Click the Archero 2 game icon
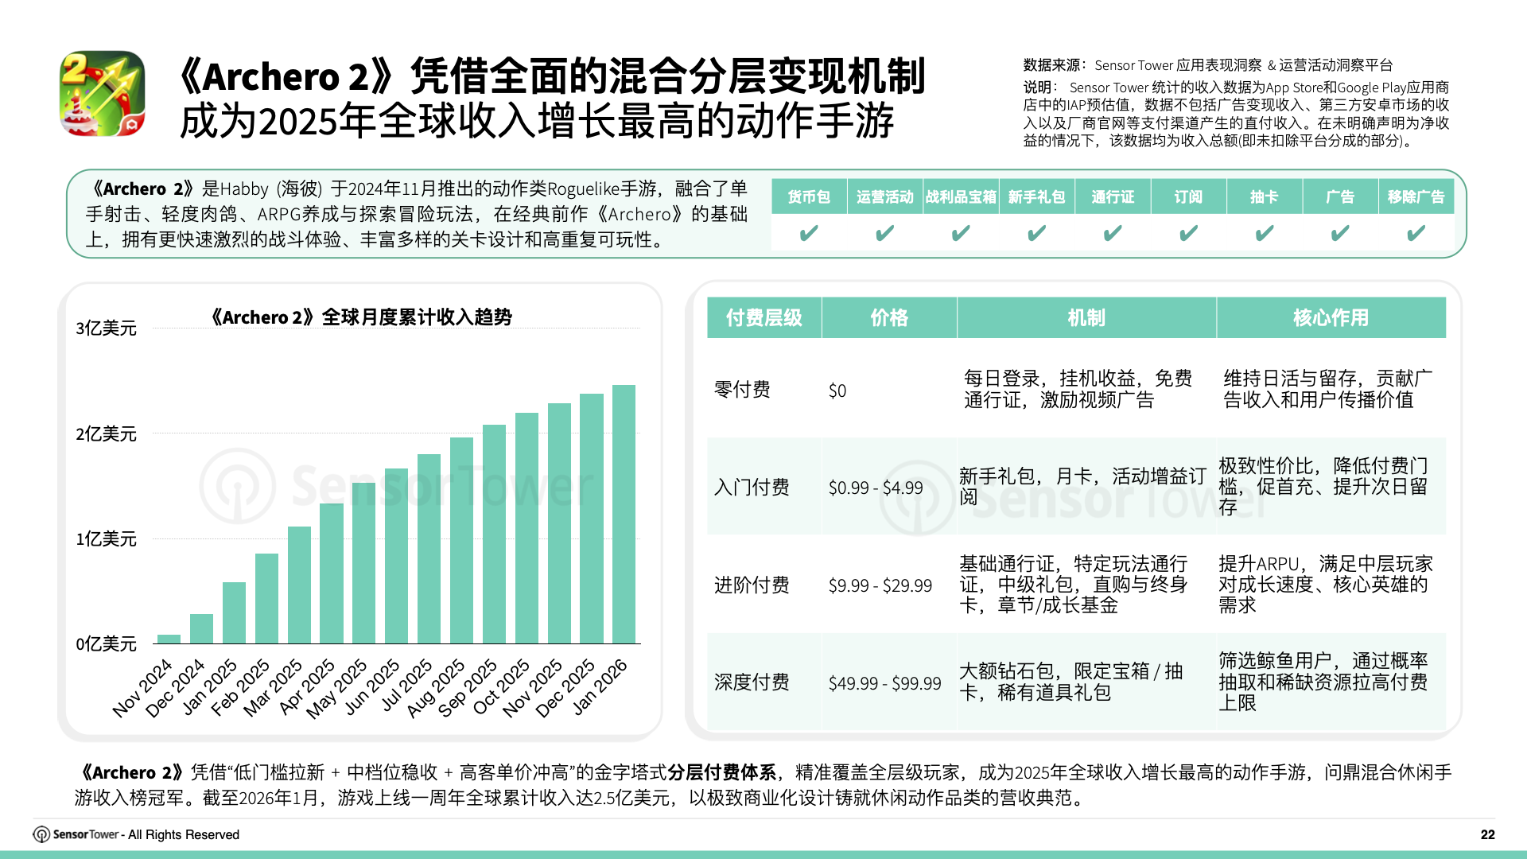coord(103,94)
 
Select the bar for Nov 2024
coord(169,639)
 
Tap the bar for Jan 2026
coord(624,515)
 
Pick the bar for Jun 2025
coord(396,556)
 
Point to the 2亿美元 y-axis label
coord(106,434)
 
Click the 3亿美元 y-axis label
coord(106,328)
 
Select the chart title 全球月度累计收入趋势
coord(361,317)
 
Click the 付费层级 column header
coord(763,318)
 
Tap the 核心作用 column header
coord(1331,318)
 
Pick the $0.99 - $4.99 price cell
coord(876,488)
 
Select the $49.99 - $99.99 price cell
coord(884,683)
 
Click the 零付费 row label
coord(742,390)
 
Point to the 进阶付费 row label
coord(752,585)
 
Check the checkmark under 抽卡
coord(1264,233)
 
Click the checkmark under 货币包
coord(808,233)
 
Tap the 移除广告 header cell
coord(1416,197)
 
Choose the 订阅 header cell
coord(1188,197)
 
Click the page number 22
coord(1487,834)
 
